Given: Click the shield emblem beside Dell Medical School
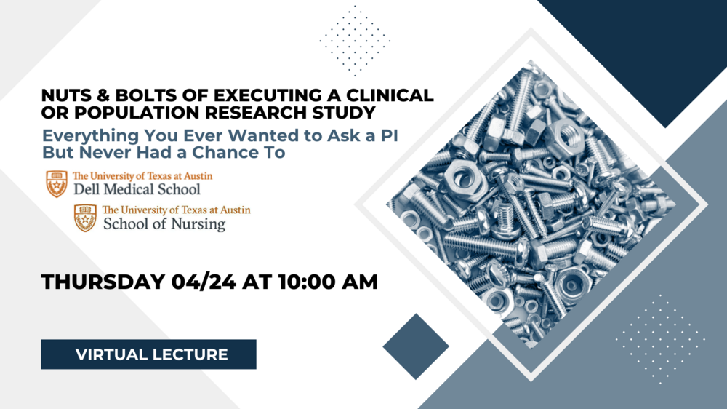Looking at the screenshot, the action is click(x=57, y=184).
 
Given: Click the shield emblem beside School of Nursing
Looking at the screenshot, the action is click(x=85, y=218).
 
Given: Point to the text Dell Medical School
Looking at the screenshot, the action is click(x=137, y=189).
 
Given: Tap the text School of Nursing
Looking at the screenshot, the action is click(x=164, y=223).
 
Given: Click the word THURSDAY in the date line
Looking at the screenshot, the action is click(x=103, y=282).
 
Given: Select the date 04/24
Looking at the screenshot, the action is click(x=204, y=282).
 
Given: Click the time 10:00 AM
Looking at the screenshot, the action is click(x=328, y=282).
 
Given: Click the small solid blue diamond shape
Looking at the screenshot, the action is click(x=416, y=346).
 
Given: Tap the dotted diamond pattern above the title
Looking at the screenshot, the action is click(x=355, y=41).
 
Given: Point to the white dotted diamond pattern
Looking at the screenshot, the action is click(x=660, y=339).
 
